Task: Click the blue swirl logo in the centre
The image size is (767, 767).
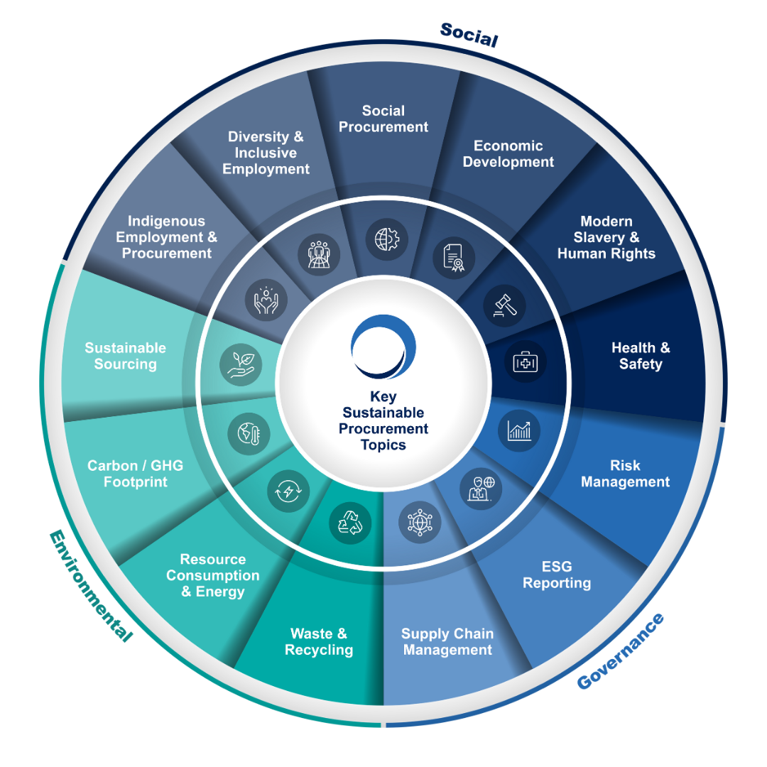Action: (x=383, y=347)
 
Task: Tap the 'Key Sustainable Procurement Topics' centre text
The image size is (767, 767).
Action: (x=383, y=420)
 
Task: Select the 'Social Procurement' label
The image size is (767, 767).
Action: (x=383, y=119)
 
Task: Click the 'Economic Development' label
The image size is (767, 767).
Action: (x=508, y=153)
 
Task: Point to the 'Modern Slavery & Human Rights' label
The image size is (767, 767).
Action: (x=606, y=237)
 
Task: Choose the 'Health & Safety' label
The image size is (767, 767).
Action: (x=641, y=356)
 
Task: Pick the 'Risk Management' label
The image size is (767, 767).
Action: (x=625, y=474)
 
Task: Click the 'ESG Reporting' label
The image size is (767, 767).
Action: (x=557, y=575)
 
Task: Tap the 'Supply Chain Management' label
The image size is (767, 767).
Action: (x=447, y=641)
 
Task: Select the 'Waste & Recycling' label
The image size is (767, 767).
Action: (x=319, y=641)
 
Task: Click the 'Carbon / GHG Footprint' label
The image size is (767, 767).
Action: (x=135, y=474)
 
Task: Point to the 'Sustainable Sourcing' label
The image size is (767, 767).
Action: (x=126, y=356)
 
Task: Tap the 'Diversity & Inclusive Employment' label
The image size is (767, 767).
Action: (x=266, y=153)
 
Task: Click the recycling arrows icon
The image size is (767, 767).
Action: (x=350, y=523)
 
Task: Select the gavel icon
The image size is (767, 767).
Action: (x=505, y=305)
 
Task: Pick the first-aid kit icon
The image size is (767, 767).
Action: (x=526, y=363)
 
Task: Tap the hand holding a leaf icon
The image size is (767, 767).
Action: (x=241, y=364)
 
